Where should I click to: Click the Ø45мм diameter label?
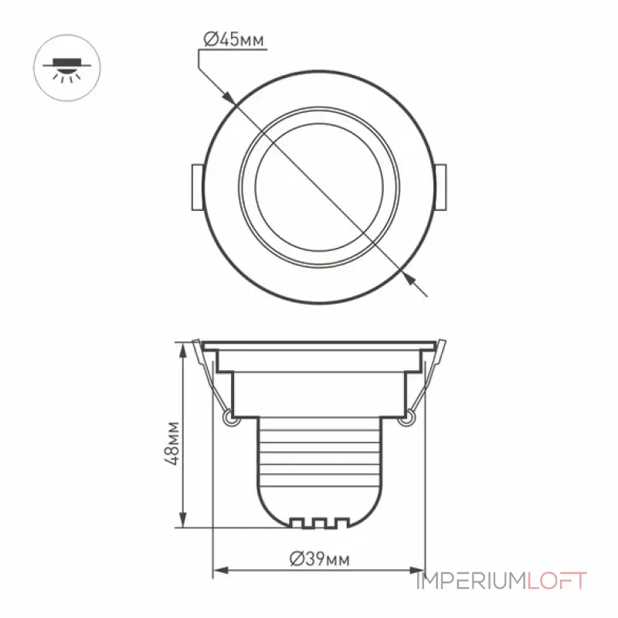click(x=233, y=39)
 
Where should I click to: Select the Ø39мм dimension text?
click(x=319, y=559)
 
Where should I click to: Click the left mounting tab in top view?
click(x=198, y=187)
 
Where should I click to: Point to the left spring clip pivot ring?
click(x=230, y=418)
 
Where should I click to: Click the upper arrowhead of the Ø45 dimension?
click(x=229, y=99)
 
